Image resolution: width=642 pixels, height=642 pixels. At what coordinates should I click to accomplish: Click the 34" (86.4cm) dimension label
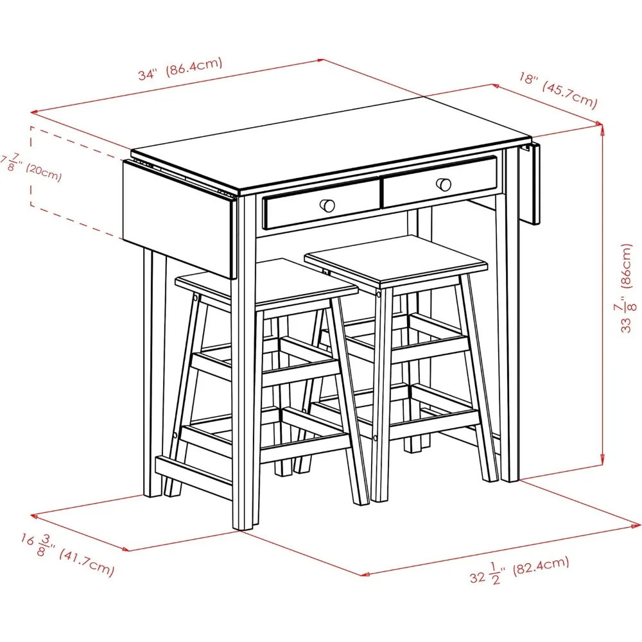180,69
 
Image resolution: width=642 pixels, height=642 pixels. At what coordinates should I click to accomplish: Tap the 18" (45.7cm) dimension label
558,89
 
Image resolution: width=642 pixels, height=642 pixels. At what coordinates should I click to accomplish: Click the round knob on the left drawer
328,205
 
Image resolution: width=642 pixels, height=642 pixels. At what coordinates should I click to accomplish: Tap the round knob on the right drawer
443,184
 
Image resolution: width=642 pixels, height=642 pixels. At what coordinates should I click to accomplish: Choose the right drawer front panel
440,182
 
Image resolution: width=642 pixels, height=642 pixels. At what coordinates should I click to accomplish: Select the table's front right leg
510,321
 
